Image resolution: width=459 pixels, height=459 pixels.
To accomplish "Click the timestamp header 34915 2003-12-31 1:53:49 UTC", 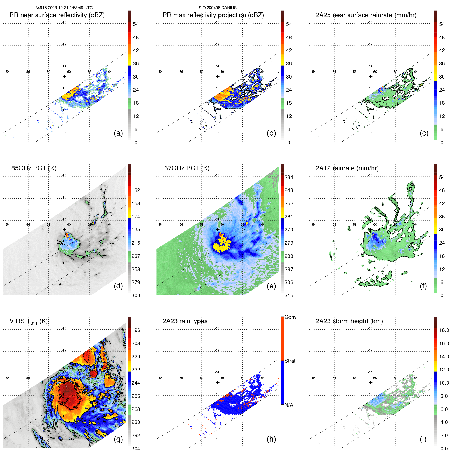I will pyautogui.click(x=64, y=8).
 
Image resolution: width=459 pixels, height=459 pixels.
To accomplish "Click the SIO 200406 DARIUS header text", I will pyautogui.click(x=217, y=8).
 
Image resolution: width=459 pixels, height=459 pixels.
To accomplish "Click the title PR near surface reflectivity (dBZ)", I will pyautogui.click(x=57, y=15).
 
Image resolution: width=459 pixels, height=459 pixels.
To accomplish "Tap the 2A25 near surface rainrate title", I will pyautogui.click(x=366, y=15).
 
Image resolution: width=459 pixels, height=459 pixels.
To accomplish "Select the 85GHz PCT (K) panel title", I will pyautogui.click(x=34, y=168).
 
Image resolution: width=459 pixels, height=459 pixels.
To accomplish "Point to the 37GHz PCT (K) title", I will pyautogui.click(x=187, y=168).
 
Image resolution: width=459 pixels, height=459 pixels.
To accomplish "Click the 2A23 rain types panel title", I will pyautogui.click(x=185, y=321).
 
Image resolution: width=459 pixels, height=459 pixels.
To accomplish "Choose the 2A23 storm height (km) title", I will pyautogui.click(x=349, y=321).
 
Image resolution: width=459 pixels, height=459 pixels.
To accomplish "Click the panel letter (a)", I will pyautogui.click(x=118, y=133).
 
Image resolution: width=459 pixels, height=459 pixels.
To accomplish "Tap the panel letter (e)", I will pyautogui.click(x=271, y=286).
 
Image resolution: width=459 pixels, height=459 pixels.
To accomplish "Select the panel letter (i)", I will pyautogui.click(x=423, y=439).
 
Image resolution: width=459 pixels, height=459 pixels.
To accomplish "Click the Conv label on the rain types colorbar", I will pyautogui.click(x=290, y=317).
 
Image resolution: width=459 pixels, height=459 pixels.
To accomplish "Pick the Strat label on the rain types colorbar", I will pyautogui.click(x=290, y=361).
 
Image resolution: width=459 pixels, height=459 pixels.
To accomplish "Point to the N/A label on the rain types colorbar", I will pyautogui.click(x=289, y=405).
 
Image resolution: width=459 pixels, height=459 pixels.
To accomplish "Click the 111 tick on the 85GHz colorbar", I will pyautogui.click(x=136, y=178).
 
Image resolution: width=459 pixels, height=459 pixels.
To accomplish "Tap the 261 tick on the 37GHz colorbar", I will pyautogui.click(x=289, y=217).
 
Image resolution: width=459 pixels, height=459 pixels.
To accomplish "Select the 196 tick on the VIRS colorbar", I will pyautogui.click(x=136, y=330).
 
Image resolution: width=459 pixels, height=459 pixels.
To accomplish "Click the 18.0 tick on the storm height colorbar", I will pyautogui.click(x=444, y=330).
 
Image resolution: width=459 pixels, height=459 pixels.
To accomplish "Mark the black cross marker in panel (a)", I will pyautogui.click(x=65, y=76).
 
